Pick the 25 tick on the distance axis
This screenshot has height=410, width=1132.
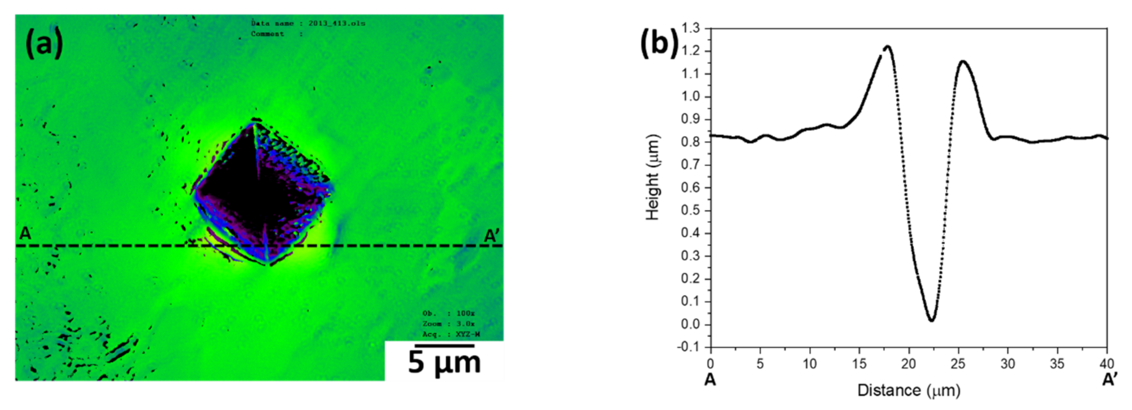pos(958,364)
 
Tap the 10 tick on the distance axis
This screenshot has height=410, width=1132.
pos(809,364)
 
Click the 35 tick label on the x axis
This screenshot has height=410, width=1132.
pos(1057,364)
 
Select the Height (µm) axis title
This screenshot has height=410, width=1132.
pos(653,177)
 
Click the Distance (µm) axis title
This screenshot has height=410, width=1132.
pos(909,390)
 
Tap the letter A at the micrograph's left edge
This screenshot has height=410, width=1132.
pos(26,234)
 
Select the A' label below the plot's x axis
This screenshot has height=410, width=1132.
pos(1110,379)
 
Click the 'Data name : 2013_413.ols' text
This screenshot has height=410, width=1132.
pos(308,23)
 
